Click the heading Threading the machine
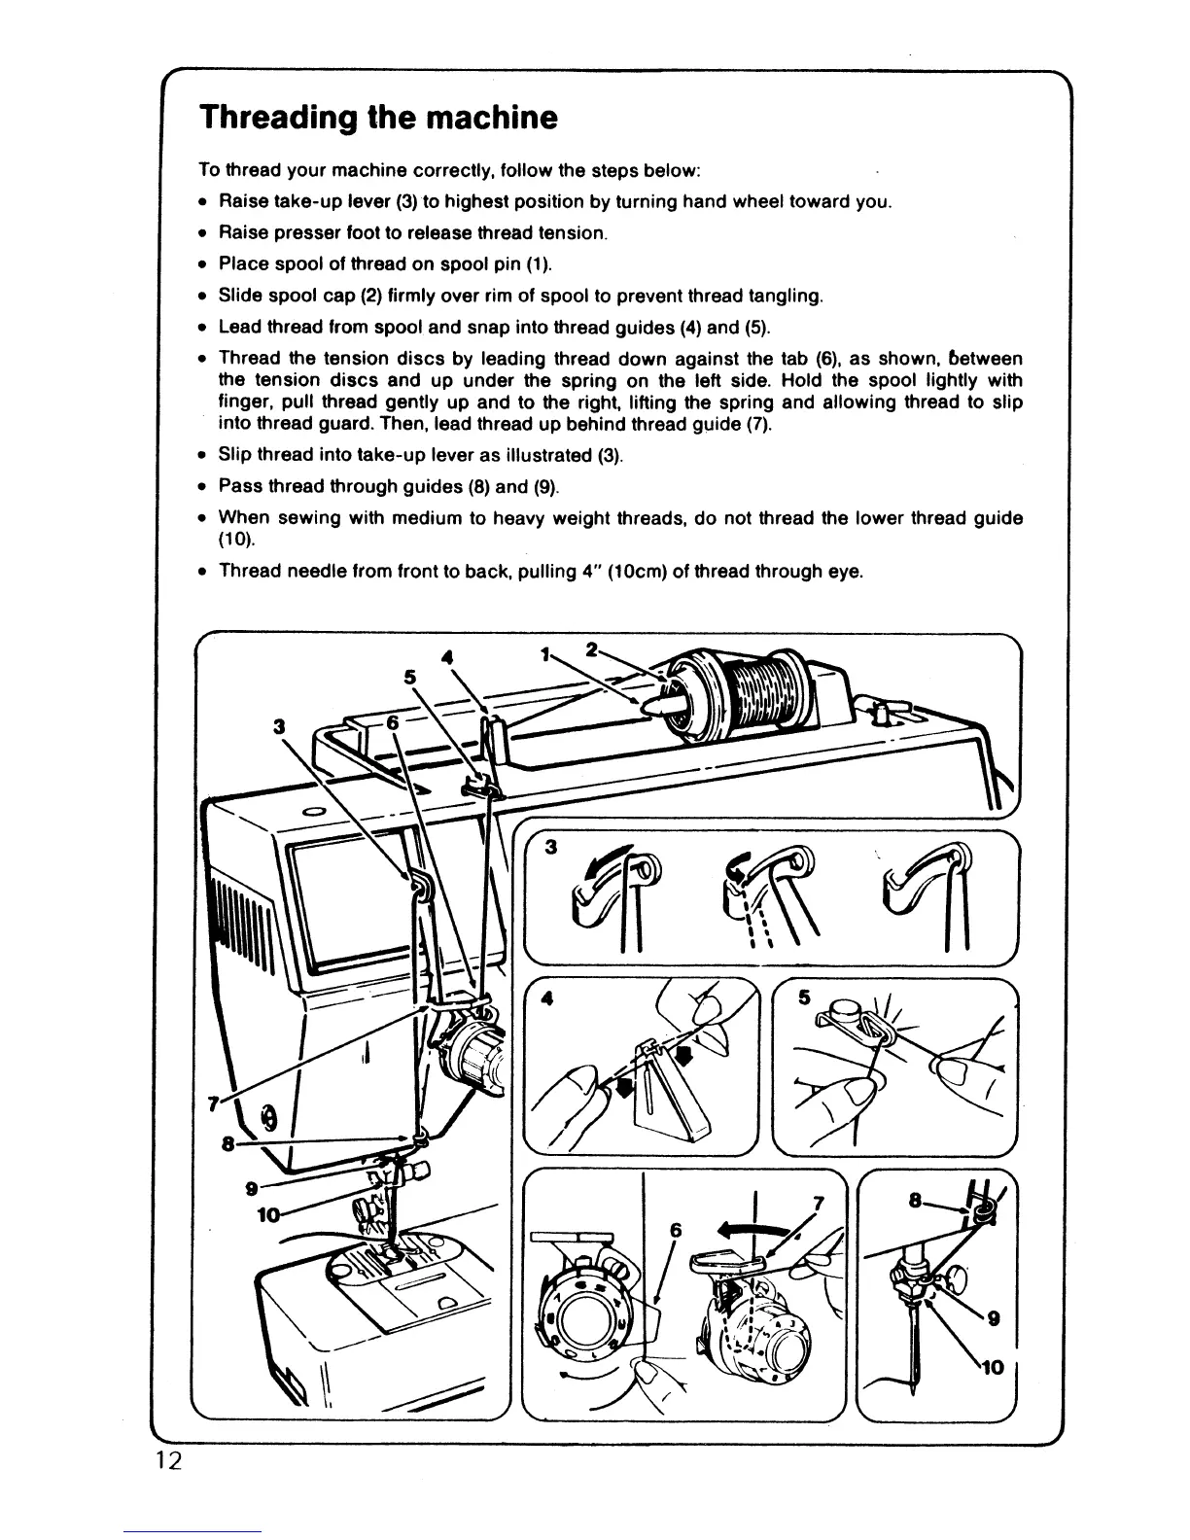378,118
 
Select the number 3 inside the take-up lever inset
550,847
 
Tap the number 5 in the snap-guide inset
804,997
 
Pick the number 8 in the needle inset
914,1202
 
